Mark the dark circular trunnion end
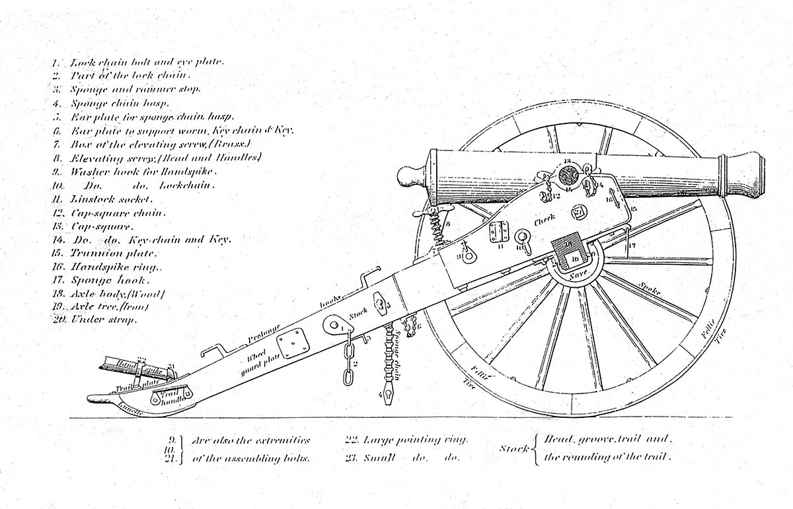coord(568,176)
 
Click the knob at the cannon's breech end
coord(410,177)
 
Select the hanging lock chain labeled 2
coord(347,359)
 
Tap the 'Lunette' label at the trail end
coord(130,407)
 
